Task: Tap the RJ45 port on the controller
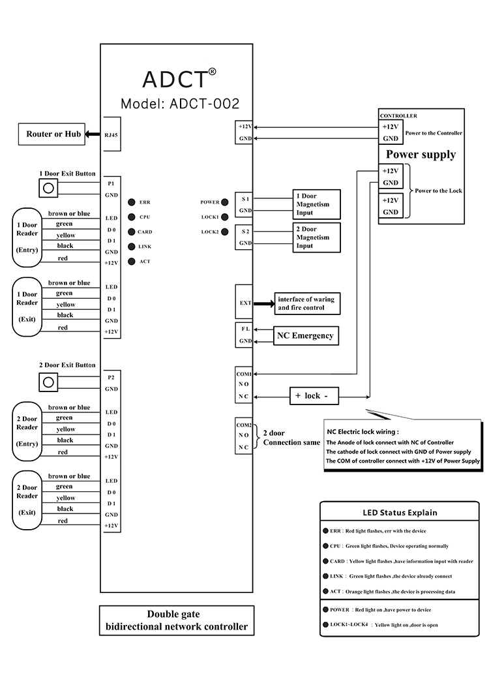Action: tap(111, 135)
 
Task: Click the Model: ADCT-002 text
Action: tap(180, 104)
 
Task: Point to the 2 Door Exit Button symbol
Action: tap(47, 381)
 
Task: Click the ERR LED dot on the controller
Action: tap(131, 202)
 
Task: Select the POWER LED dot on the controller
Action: tap(225, 202)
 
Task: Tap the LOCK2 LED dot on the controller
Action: tap(225, 232)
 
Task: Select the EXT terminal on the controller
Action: tap(244, 303)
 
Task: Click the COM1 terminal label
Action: tap(244, 374)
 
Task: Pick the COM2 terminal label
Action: tap(243, 425)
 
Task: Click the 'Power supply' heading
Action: tap(421, 155)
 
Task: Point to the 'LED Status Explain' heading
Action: tap(400, 513)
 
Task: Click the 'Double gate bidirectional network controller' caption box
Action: tap(177, 620)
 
